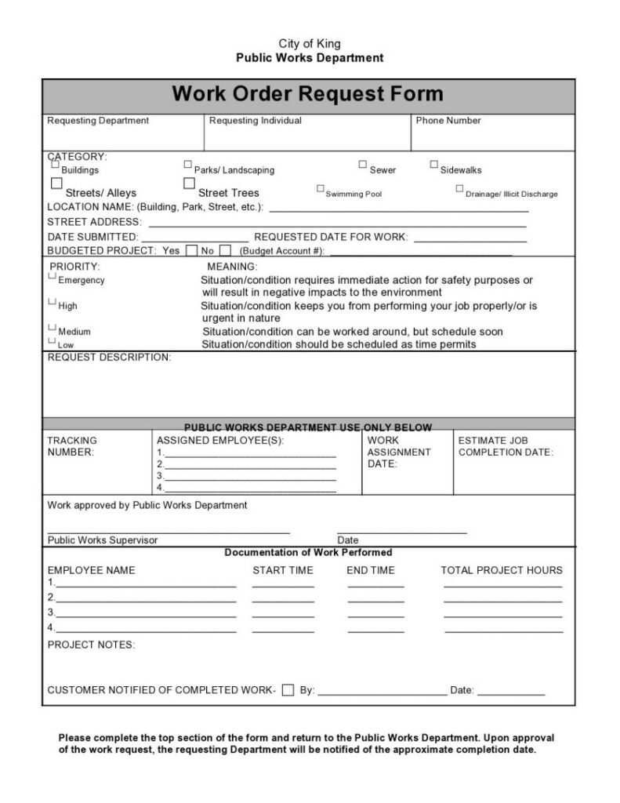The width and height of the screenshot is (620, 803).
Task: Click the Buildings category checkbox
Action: (55, 165)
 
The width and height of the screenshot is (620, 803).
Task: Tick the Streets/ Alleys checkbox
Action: (56, 183)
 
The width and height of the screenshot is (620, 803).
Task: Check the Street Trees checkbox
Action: (189, 183)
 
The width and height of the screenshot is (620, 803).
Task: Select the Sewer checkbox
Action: (363, 165)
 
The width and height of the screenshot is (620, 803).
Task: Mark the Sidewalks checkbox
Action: (433, 165)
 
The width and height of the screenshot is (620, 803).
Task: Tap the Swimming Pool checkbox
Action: (320, 189)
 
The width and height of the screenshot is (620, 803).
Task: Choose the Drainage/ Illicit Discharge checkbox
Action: (459, 189)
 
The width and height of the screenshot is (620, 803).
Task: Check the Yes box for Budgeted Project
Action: (191, 251)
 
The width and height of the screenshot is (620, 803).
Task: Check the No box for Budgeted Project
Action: (225, 251)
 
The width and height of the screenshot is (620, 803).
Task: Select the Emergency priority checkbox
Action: (53, 276)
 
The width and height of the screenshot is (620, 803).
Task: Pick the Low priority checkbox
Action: (53, 341)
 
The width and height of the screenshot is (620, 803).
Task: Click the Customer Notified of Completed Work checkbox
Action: (288, 691)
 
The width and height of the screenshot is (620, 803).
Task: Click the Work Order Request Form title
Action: (307, 95)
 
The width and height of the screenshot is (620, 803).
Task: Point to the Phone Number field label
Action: (448, 121)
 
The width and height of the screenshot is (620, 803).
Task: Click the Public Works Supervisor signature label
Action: (103, 540)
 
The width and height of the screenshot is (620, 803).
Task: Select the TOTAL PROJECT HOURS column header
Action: (501, 570)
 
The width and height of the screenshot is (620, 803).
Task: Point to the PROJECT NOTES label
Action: (91, 645)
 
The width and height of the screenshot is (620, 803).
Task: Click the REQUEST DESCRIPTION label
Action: (109, 358)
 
